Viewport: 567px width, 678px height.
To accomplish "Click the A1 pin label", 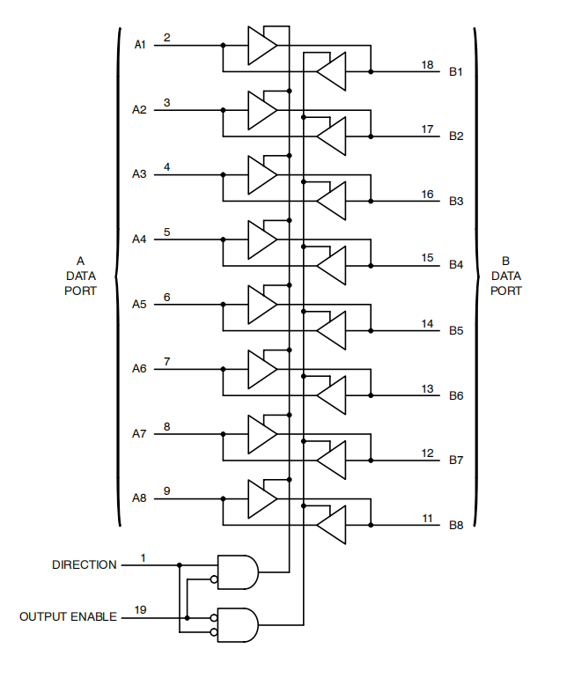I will (x=140, y=45).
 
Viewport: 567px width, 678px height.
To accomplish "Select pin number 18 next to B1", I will (x=427, y=65).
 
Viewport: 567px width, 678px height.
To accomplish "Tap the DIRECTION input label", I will (x=84, y=564).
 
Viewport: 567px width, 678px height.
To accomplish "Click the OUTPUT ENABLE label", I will (x=68, y=617).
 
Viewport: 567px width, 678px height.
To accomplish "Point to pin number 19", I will (x=141, y=609).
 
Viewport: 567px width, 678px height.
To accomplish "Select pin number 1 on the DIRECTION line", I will (x=144, y=557).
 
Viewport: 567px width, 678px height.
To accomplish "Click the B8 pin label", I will (x=456, y=526).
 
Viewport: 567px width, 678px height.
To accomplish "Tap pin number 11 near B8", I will (x=427, y=519).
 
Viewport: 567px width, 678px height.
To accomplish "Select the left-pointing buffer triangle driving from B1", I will (x=332, y=71).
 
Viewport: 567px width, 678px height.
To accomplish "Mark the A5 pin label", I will (x=140, y=304).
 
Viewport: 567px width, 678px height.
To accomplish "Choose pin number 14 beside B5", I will (x=427, y=324).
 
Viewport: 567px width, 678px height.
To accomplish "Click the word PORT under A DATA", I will (x=80, y=291).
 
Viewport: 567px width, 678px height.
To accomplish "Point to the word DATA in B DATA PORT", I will (x=505, y=276).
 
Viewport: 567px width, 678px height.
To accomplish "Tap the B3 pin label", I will (x=456, y=201).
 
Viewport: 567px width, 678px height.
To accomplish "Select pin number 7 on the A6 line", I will (x=166, y=362).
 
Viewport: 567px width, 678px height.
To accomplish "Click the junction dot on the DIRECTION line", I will (x=180, y=565).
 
